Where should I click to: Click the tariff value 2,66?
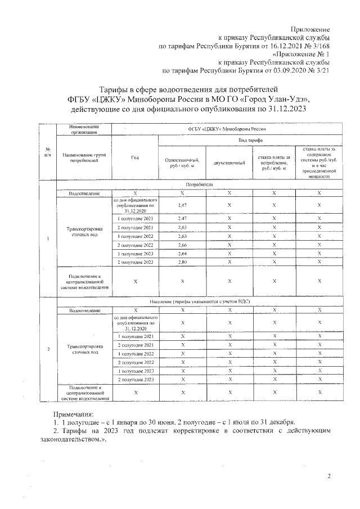182,245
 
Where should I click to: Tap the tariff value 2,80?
182,262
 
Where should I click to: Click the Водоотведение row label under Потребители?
84,193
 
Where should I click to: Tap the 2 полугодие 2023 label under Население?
135,380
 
